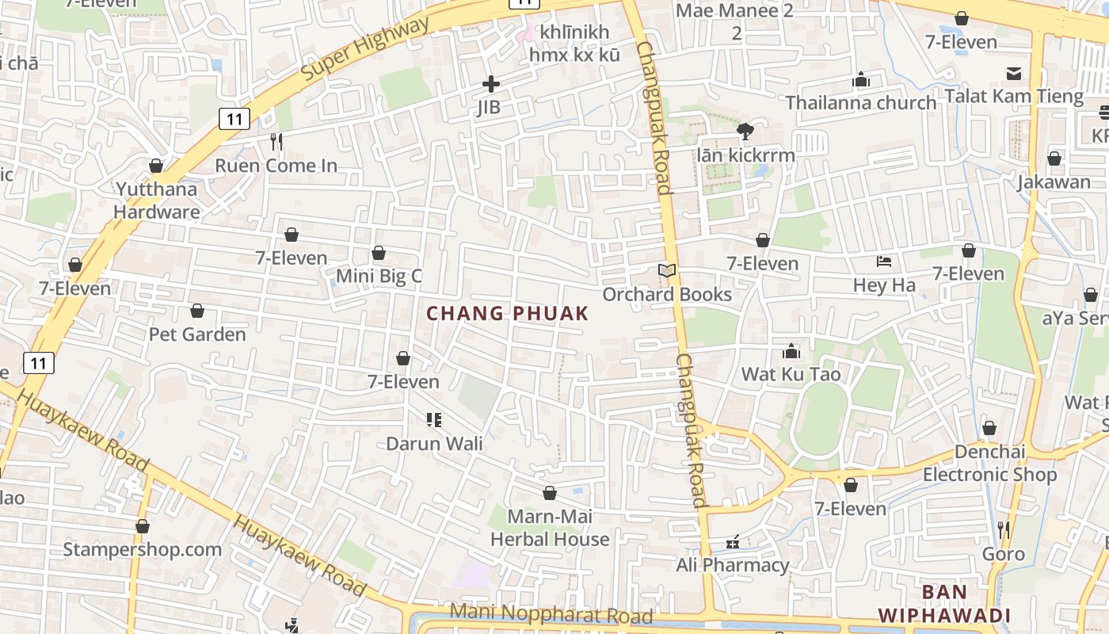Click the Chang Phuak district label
(x=508, y=313)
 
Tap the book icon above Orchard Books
(x=668, y=271)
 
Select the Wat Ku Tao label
(x=791, y=373)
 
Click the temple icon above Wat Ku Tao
(x=791, y=351)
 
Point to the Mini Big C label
(x=379, y=276)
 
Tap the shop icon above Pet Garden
(x=196, y=311)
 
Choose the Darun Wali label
(x=434, y=443)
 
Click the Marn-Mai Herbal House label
(x=550, y=528)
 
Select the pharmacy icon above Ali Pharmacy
(x=733, y=543)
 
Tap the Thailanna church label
(x=861, y=102)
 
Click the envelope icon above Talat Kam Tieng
(x=1013, y=74)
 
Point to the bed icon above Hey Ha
(x=884, y=262)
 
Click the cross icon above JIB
(x=491, y=83)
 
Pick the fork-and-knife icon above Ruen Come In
(x=276, y=142)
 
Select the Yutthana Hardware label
(x=157, y=201)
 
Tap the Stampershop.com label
(x=143, y=549)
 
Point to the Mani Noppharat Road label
(x=551, y=613)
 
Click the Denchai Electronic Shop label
(x=989, y=463)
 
